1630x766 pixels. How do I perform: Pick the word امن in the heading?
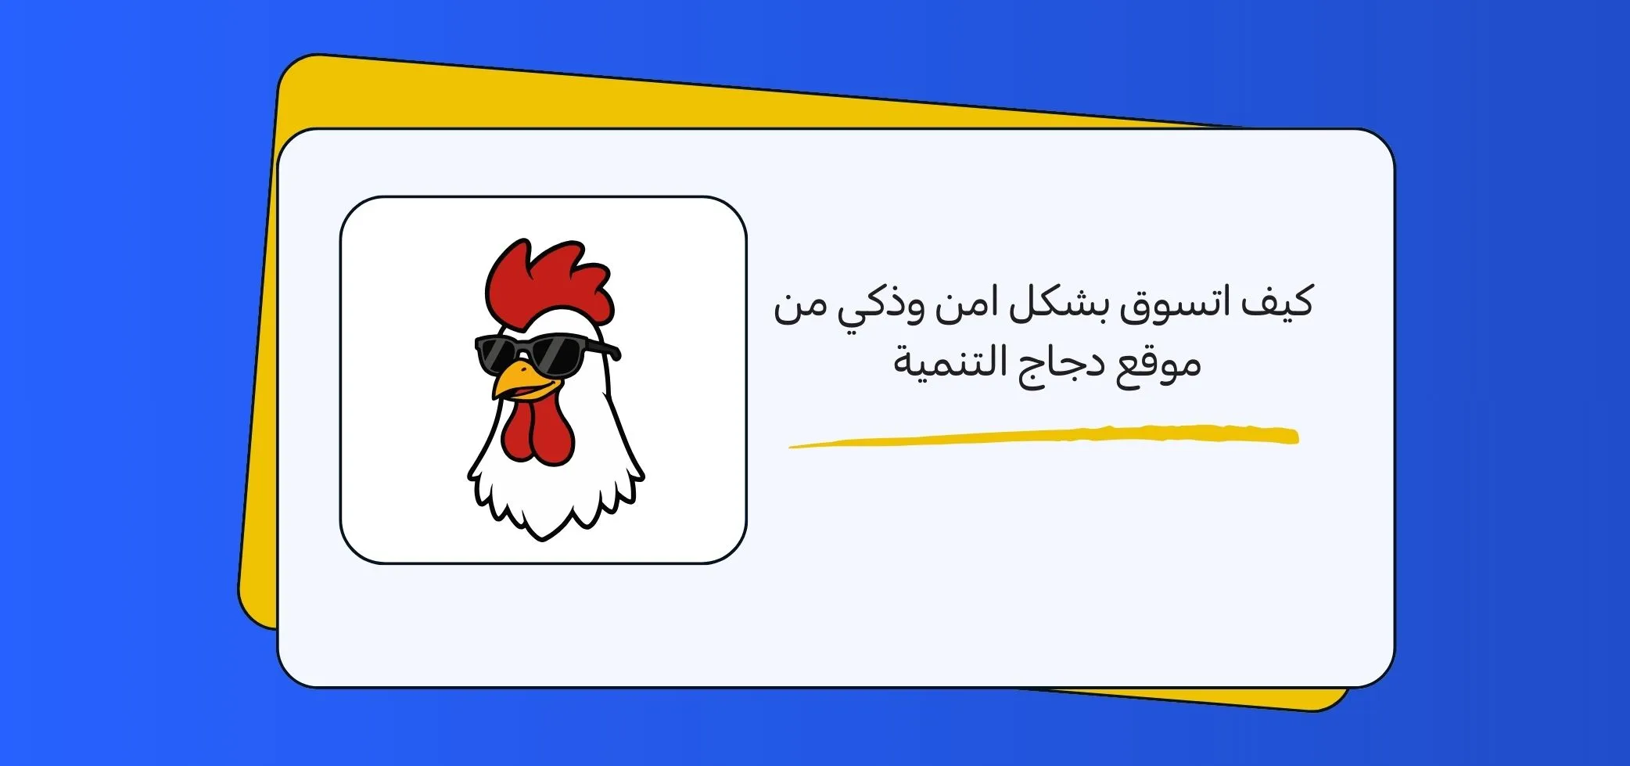click(961, 304)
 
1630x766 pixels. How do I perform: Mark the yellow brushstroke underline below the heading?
click(1043, 436)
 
